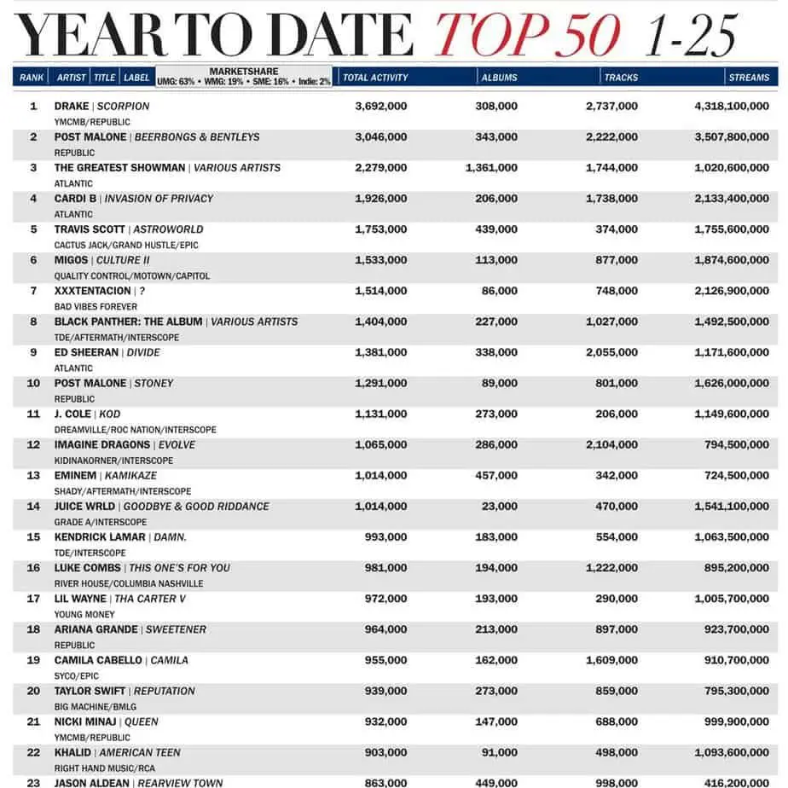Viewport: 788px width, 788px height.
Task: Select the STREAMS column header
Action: point(749,78)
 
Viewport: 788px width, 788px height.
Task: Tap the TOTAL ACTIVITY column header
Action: point(375,78)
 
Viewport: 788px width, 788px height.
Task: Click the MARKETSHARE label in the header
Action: point(243,72)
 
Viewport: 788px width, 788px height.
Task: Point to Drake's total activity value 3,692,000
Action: point(380,107)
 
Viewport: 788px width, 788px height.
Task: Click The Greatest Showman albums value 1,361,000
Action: point(491,168)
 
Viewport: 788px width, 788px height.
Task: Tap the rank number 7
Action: point(34,291)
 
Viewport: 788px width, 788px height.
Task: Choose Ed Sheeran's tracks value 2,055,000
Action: point(611,352)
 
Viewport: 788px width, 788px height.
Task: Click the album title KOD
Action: point(110,414)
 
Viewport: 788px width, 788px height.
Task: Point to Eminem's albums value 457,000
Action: point(496,475)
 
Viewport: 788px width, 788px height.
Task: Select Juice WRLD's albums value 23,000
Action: point(500,506)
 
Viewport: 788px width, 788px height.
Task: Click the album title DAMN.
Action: point(171,537)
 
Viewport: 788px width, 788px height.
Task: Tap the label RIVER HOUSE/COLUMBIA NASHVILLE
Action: point(129,583)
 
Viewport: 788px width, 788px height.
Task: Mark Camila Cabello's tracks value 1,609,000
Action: point(611,660)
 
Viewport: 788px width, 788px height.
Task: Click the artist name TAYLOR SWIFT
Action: point(90,691)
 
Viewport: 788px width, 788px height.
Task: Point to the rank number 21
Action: point(34,721)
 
